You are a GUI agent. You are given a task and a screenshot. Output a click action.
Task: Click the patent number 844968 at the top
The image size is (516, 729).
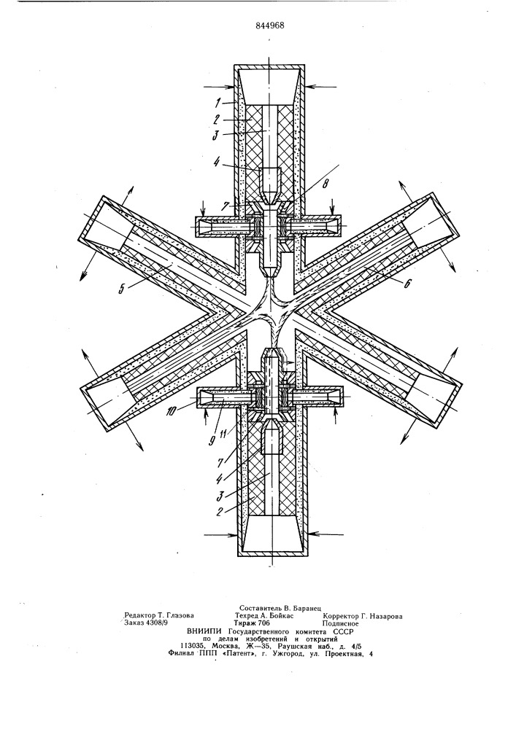tap(270, 25)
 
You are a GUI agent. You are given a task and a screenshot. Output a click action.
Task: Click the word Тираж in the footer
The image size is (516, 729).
tap(246, 623)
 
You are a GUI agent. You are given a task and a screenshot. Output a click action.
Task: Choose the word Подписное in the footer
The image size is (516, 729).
tap(341, 623)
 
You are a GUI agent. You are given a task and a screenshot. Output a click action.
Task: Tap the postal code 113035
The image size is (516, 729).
tap(193, 646)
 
